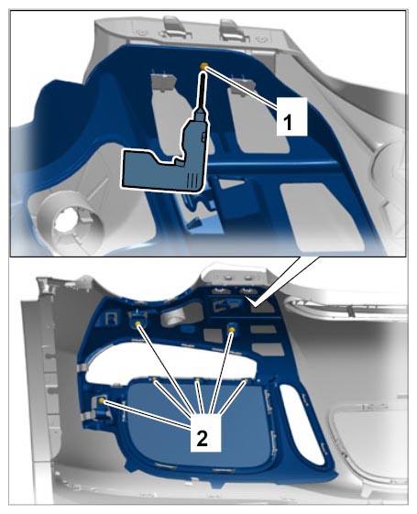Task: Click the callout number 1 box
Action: pyautogui.click(x=291, y=116)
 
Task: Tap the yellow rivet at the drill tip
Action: pyautogui.click(x=203, y=66)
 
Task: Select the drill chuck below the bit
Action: pyautogui.click(x=200, y=115)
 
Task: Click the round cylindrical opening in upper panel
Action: pyautogui.click(x=67, y=222)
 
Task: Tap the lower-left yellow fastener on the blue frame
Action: pyautogui.click(x=102, y=400)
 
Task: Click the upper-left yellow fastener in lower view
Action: pyautogui.click(x=138, y=323)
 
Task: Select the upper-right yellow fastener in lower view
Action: pyautogui.click(x=232, y=329)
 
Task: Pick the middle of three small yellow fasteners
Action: pyautogui.click(x=197, y=379)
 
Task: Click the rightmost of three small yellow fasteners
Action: pyautogui.click(x=246, y=380)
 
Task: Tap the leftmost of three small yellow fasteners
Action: pyautogui.click(x=154, y=378)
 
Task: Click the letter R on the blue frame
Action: pyautogui.click(x=112, y=318)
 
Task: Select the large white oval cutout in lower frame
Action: pyautogui.click(x=170, y=359)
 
